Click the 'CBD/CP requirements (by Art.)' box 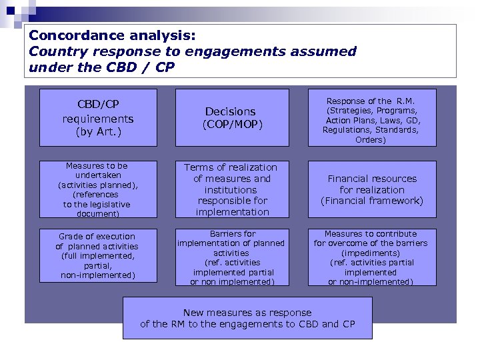98,117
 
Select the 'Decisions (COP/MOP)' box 230,117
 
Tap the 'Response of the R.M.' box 371,117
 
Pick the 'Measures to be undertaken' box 98,189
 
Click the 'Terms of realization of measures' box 230,189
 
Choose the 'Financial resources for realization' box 371,189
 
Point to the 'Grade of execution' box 98,257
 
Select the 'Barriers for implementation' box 230,257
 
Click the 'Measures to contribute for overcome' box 371,257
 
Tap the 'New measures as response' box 247,318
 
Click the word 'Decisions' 230,111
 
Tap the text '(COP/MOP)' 230,124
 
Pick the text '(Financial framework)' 371,201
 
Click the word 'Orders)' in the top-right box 371,139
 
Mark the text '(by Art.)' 97,131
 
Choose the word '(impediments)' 371,253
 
